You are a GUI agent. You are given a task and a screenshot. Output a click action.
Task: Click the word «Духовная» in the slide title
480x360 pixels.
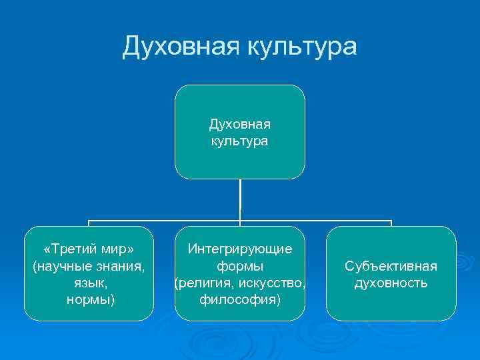[181, 47]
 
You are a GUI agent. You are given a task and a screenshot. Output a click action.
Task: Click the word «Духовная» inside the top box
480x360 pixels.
[239, 124]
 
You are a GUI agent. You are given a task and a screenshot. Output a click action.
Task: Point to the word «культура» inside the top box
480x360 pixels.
[239, 141]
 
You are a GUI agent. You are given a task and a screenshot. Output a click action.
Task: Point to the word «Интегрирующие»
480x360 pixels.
[239, 249]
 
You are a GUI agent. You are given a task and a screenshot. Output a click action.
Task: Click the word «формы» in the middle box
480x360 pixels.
[239, 267]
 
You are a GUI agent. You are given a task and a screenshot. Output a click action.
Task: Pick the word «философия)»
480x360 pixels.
[239, 300]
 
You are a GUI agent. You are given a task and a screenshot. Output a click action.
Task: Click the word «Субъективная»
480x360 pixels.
[391, 267]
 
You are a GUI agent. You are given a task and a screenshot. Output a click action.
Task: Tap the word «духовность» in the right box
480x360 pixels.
[391, 283]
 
